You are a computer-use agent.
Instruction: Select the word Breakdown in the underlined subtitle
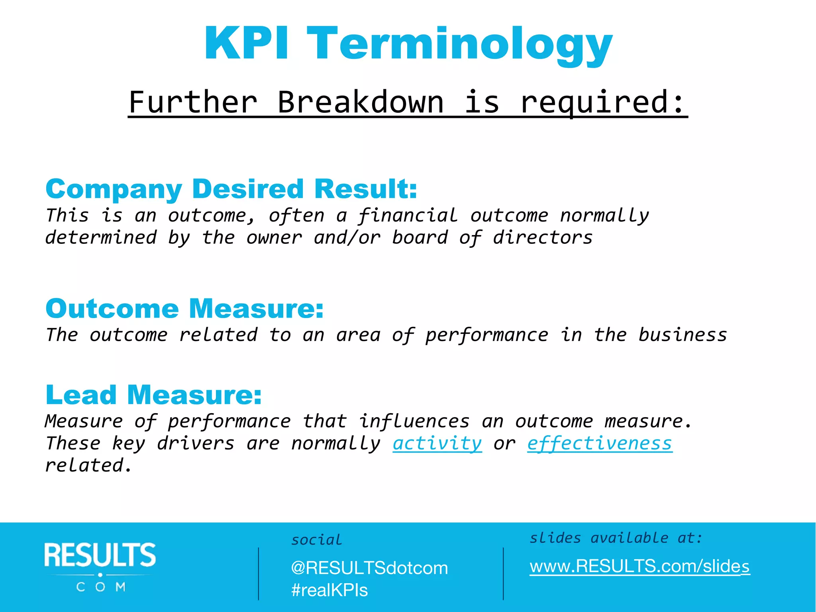(x=360, y=102)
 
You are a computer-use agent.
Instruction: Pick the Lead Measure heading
(x=154, y=395)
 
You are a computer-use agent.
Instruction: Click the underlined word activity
(x=437, y=443)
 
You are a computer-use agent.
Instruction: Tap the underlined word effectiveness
(x=600, y=443)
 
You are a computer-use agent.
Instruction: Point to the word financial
(x=407, y=216)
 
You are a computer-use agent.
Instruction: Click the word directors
(x=543, y=237)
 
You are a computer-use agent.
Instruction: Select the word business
(x=683, y=335)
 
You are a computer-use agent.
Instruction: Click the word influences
(x=414, y=421)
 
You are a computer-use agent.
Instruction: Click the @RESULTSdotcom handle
(x=369, y=568)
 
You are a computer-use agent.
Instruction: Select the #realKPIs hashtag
(x=330, y=590)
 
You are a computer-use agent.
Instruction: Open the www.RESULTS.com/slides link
(x=639, y=566)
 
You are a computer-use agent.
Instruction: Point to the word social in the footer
(x=316, y=540)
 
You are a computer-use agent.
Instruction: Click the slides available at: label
(x=616, y=538)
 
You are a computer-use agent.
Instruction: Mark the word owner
(x=274, y=237)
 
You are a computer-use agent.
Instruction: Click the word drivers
(x=195, y=443)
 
